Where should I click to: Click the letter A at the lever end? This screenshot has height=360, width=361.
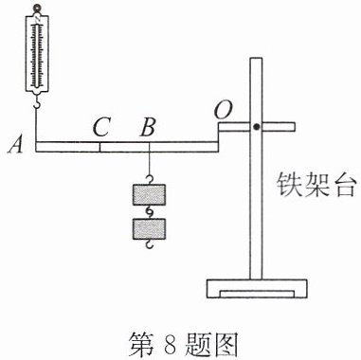(x=15, y=146)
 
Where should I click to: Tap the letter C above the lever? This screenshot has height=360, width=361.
(x=101, y=128)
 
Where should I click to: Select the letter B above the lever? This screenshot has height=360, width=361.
(x=148, y=128)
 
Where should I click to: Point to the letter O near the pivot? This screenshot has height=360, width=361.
(x=223, y=110)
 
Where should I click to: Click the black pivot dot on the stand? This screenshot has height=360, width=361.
(x=257, y=127)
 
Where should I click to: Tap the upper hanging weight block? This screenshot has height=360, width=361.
(x=149, y=195)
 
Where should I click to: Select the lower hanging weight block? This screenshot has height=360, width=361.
(x=149, y=229)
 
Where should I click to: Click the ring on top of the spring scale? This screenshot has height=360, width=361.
(x=38, y=8)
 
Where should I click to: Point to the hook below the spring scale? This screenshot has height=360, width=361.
(x=37, y=101)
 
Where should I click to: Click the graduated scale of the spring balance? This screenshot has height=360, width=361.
(x=38, y=56)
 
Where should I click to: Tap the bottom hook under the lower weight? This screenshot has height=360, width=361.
(x=149, y=244)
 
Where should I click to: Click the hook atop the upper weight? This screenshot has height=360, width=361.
(x=149, y=180)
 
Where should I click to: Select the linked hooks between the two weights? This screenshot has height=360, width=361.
(x=149, y=212)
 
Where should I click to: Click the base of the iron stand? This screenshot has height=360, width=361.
(x=257, y=289)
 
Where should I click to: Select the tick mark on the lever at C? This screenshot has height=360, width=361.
(x=100, y=147)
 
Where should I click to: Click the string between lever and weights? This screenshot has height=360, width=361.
(x=149, y=164)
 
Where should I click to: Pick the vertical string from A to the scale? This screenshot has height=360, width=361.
(x=36, y=125)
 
